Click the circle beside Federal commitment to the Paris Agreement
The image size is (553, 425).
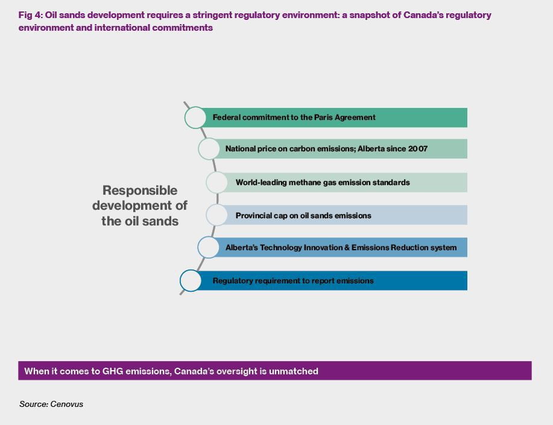[x=195, y=118]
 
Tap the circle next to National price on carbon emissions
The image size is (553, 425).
[x=209, y=149]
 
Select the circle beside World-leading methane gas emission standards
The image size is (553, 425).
[x=217, y=182]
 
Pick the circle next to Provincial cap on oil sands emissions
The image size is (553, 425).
[x=217, y=215]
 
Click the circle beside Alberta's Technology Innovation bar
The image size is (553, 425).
[x=209, y=247]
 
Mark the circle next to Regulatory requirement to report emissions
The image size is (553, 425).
[x=191, y=281]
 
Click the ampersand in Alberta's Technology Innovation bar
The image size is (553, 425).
[x=347, y=248]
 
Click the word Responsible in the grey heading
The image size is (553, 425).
[x=140, y=190]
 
